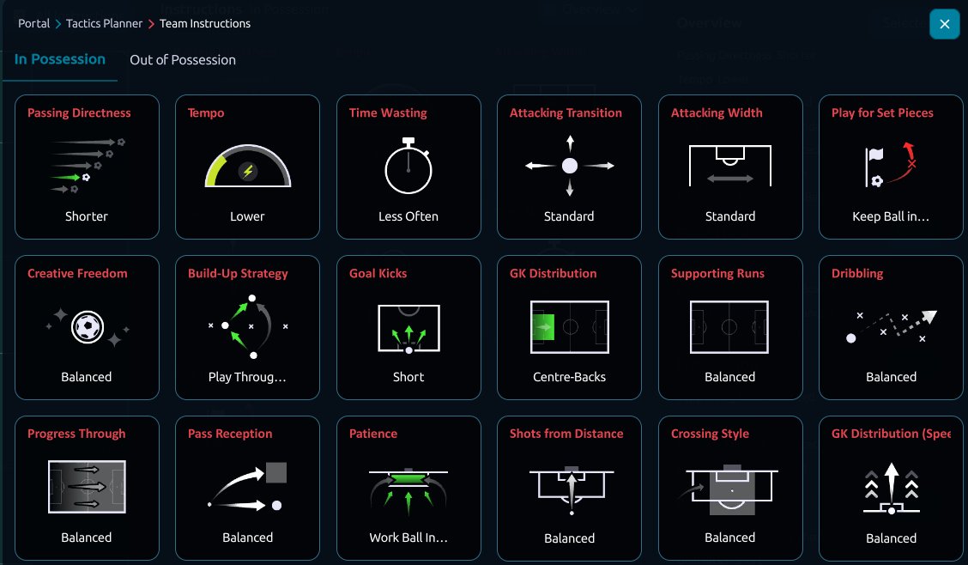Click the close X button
[945, 24]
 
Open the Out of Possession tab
[183, 60]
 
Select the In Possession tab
[60, 59]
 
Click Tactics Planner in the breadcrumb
[105, 23]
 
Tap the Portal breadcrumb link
[34, 23]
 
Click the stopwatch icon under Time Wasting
[408, 166]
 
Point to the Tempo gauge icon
[247, 166]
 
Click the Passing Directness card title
[79, 113]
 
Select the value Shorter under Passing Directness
[87, 216]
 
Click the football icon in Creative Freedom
[87, 326]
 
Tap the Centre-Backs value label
[569, 377]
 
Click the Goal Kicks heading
[378, 274]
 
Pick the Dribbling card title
[857, 274]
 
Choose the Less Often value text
[408, 216]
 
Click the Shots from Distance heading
[566, 434]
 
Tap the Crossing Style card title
[710, 434]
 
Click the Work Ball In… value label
[408, 538]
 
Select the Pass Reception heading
[230, 434]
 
